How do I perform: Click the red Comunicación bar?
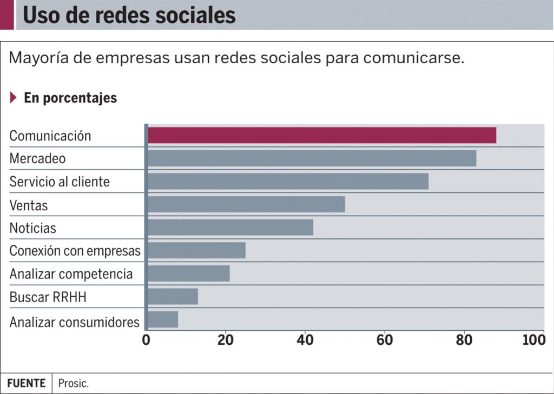pyautogui.click(x=321, y=135)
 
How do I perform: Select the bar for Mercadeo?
pyautogui.click(x=312, y=158)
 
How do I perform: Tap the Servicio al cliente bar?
pyautogui.click(x=288, y=182)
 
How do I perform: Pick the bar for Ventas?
pyautogui.click(x=246, y=204)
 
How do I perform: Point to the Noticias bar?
pyautogui.click(x=230, y=228)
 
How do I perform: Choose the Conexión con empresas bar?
pyautogui.click(x=196, y=250)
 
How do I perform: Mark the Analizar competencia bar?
pyautogui.click(x=188, y=273)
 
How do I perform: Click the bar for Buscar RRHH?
pyautogui.click(x=173, y=296)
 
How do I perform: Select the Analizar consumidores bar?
pyautogui.click(x=162, y=319)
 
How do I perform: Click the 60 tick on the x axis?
pyautogui.click(x=385, y=340)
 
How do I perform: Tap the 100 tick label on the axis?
pyautogui.click(x=534, y=340)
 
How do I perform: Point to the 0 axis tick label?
pyautogui.click(x=146, y=340)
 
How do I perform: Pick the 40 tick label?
pyautogui.click(x=305, y=340)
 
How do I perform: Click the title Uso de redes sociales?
pyautogui.click(x=129, y=16)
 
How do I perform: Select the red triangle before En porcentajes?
pyautogui.click(x=14, y=98)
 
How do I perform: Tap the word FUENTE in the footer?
pyautogui.click(x=26, y=383)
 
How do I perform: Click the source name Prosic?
pyautogui.click(x=74, y=384)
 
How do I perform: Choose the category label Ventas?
pyautogui.click(x=29, y=205)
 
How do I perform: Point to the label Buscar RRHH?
pyautogui.click(x=48, y=297)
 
